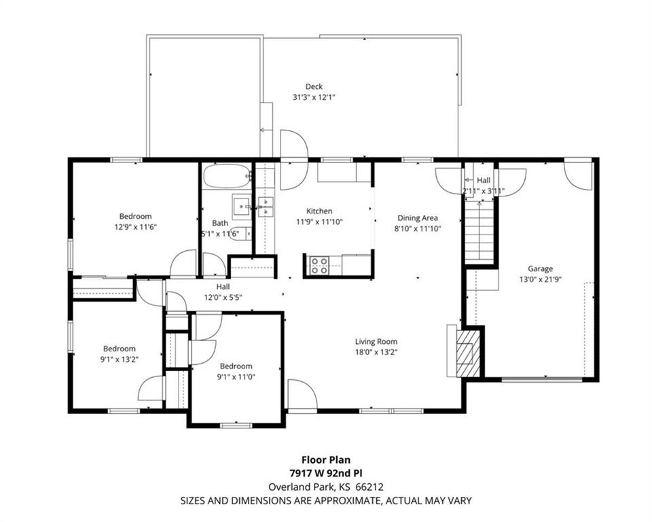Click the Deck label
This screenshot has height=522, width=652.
pos(314,86)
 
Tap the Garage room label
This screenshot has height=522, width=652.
pos(540,269)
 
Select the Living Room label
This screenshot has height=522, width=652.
pos(376,342)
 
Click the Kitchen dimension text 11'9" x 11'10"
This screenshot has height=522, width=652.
pos(319,222)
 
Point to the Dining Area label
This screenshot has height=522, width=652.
pos(418,217)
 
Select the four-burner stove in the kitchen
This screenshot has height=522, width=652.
pos(319,266)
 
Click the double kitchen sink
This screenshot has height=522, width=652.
pos(266,207)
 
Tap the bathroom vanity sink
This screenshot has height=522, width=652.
pos(242,206)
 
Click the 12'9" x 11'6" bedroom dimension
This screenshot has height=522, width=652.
pos(136,227)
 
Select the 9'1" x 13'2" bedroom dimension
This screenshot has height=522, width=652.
pos(120,360)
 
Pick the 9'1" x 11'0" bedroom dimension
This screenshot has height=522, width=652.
pos(236,377)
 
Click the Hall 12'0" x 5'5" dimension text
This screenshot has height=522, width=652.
pos(223,298)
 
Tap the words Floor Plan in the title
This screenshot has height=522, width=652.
pos(326,459)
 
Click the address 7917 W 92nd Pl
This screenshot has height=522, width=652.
pos(326,473)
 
